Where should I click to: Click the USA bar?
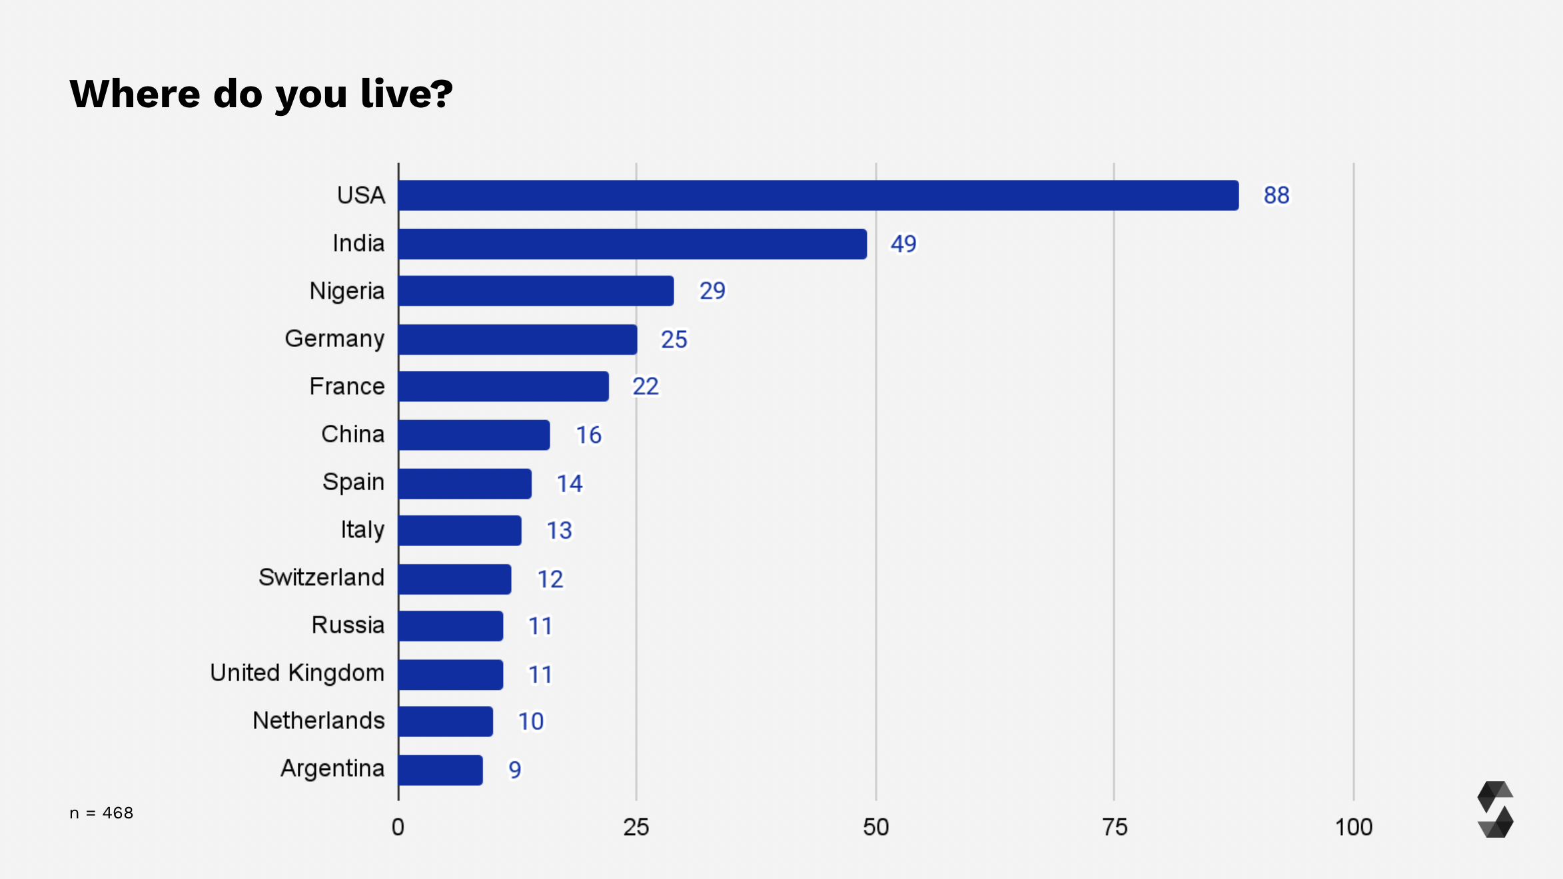click(x=818, y=195)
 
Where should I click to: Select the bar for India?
click(x=632, y=244)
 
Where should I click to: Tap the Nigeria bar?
click(x=536, y=291)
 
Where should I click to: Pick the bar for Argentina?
click(x=440, y=770)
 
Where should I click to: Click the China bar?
click(x=474, y=435)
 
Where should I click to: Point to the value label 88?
click(x=1276, y=195)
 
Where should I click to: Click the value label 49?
click(x=903, y=244)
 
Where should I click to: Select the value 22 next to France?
click(x=645, y=386)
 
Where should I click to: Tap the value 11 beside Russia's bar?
click(x=540, y=626)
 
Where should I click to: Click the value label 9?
click(x=514, y=770)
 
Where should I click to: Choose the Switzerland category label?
click(x=321, y=577)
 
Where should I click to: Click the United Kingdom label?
click(x=297, y=673)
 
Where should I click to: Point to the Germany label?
click(x=334, y=339)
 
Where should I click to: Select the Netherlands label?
click(x=318, y=721)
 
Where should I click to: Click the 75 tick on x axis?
click(x=1115, y=827)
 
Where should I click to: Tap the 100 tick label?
click(x=1353, y=827)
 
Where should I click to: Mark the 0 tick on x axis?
click(x=398, y=827)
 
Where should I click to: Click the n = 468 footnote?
click(x=101, y=813)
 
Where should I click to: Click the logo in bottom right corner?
click(x=1495, y=809)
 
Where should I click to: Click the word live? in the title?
click(x=406, y=93)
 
